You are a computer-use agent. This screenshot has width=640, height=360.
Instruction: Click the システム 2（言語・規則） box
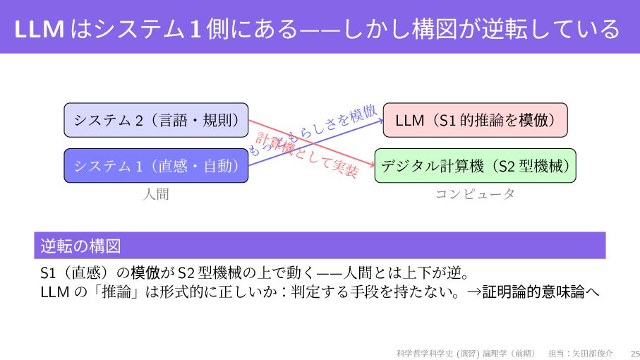156,120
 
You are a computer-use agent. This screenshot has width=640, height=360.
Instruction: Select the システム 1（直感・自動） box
156,166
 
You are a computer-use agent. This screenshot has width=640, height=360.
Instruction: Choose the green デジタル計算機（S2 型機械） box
475,166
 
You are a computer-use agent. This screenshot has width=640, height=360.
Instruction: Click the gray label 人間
156,194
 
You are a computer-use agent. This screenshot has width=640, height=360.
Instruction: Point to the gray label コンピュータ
475,194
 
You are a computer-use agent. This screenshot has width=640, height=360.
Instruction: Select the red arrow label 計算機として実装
306,155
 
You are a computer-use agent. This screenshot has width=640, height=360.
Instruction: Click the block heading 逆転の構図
80,246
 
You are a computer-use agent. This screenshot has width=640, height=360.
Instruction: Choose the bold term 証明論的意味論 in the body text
533,291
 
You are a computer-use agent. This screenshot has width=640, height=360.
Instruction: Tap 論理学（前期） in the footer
509,352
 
